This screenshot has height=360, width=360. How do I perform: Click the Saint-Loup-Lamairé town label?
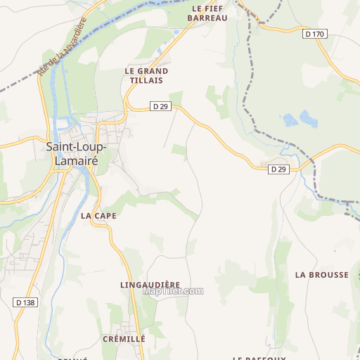[75, 153]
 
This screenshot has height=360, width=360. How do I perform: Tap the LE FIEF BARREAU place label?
[207, 13]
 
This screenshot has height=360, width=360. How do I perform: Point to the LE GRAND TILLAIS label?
[146, 76]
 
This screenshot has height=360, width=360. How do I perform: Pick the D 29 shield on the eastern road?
[278, 169]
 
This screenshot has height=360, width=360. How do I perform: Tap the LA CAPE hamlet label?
[98, 215]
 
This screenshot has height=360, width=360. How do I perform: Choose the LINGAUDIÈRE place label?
[150, 284]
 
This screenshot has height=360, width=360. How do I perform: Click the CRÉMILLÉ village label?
[124, 338]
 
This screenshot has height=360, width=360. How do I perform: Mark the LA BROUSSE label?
[322, 274]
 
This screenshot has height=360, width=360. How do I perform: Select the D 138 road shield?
[24, 302]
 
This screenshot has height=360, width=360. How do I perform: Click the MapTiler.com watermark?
[173, 290]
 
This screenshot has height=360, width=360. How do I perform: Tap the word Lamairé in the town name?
[75, 160]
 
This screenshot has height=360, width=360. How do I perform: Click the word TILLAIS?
[146, 81]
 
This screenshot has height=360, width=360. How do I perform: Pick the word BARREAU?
[207, 18]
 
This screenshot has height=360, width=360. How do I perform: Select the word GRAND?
[153, 71]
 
